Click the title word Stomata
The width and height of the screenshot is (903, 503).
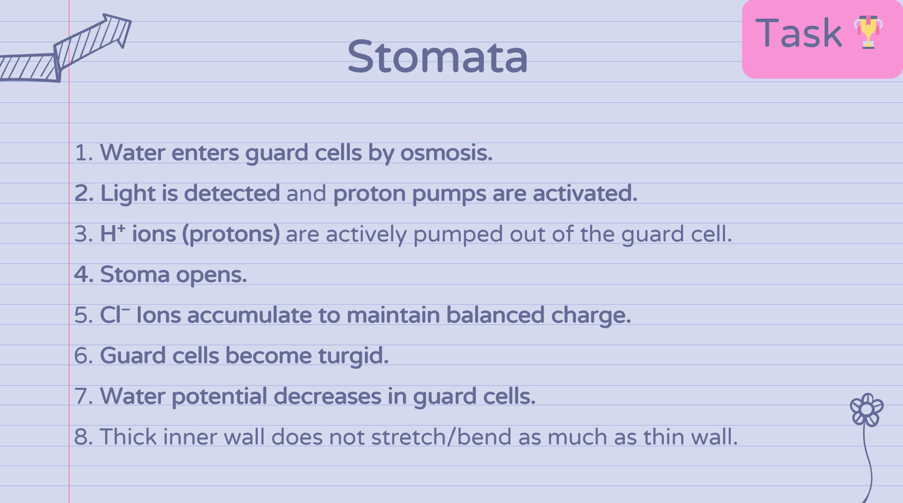pos(438,57)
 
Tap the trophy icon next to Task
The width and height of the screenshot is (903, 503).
pos(868,32)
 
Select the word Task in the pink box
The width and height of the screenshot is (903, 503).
pos(798,33)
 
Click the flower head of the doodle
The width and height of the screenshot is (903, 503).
pos(867,410)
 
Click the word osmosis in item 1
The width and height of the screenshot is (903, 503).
pos(446,153)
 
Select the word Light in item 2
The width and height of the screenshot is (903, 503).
pos(128,194)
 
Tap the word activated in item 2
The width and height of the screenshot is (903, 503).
pos(585,194)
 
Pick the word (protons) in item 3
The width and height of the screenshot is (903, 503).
pos(231,234)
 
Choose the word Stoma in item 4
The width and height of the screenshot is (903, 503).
pos(135,274)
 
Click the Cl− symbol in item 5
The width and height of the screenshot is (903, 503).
pos(114,314)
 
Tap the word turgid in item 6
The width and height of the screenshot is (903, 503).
pos(353,356)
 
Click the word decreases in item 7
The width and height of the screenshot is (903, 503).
pos(327,397)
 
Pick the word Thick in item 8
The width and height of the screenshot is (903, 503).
pos(128,436)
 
